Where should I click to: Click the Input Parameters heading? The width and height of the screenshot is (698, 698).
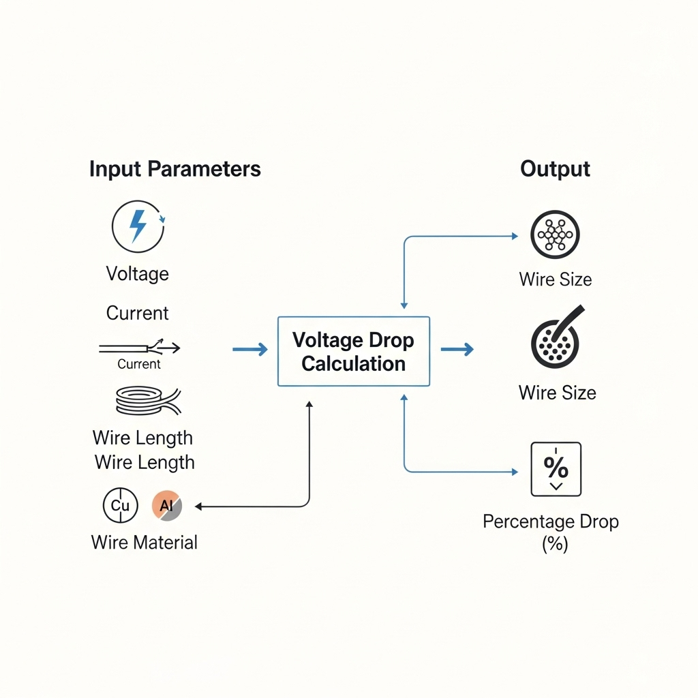[x=174, y=169]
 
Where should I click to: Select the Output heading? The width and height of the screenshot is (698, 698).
[x=555, y=169]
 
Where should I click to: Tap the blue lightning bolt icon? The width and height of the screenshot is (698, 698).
[x=138, y=226]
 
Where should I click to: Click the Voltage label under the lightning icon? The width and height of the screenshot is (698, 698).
[x=137, y=274]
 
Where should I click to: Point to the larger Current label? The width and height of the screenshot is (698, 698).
[x=137, y=313]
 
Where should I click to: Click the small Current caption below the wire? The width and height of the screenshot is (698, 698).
[x=139, y=364]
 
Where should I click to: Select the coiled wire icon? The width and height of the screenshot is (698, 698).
[x=146, y=400]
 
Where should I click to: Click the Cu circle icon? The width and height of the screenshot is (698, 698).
[x=120, y=506]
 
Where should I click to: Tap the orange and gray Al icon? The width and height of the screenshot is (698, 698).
[x=167, y=506]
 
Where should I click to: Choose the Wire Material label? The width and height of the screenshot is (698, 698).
[x=144, y=543]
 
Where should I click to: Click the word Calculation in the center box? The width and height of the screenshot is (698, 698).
[x=353, y=363]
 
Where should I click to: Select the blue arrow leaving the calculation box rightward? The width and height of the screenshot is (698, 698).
[x=457, y=350]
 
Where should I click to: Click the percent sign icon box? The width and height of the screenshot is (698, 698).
[x=556, y=469]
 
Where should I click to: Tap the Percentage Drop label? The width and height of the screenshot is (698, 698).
[x=550, y=522]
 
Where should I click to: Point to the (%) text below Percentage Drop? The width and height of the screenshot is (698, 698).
[x=555, y=544]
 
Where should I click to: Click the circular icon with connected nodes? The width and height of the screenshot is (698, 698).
[x=555, y=235]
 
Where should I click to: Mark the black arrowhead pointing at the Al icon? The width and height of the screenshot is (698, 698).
[x=199, y=506]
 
